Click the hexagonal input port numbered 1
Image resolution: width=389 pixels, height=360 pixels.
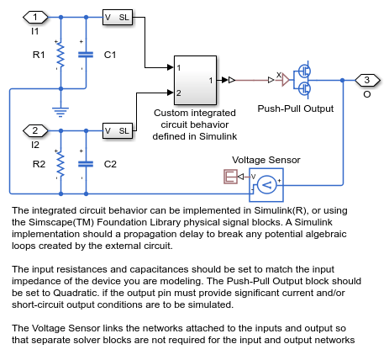pyautogui.click(x=35, y=17)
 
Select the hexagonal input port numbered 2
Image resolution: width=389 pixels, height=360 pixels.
pyautogui.click(x=35, y=130)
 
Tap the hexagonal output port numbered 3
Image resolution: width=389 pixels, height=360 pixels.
pyautogui.click(x=367, y=80)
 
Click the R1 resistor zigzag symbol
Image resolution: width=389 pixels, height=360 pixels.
pyautogui.click(x=60, y=55)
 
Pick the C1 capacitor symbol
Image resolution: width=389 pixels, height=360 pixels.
pyautogui.click(x=86, y=55)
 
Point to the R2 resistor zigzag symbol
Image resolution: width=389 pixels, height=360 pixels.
pyautogui.click(x=60, y=164)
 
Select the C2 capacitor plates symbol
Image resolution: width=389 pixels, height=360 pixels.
pyautogui.click(x=86, y=164)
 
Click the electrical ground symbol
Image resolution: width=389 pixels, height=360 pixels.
pyautogui.click(x=60, y=112)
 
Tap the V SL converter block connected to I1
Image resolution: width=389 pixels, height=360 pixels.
pyautogui.click(x=118, y=17)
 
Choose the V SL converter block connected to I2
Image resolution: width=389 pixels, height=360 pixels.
pyautogui.click(x=118, y=130)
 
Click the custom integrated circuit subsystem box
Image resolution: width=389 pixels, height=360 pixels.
pyautogui.click(x=195, y=80)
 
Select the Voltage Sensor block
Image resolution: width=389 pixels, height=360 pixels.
pyautogui.click(x=266, y=185)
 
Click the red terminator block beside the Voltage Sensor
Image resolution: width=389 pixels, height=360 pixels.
pyautogui.click(x=230, y=177)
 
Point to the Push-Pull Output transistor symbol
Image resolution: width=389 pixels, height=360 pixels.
pyautogui.click(x=303, y=80)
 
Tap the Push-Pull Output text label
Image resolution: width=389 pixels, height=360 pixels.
pyautogui.click(x=296, y=109)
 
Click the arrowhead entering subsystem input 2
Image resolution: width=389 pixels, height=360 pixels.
pyautogui.click(x=171, y=93)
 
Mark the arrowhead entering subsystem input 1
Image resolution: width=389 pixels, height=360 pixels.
pyautogui.click(x=171, y=67)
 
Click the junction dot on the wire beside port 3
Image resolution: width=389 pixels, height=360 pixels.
pyautogui.click(x=343, y=80)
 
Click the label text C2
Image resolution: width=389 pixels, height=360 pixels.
pyautogui.click(x=110, y=164)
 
